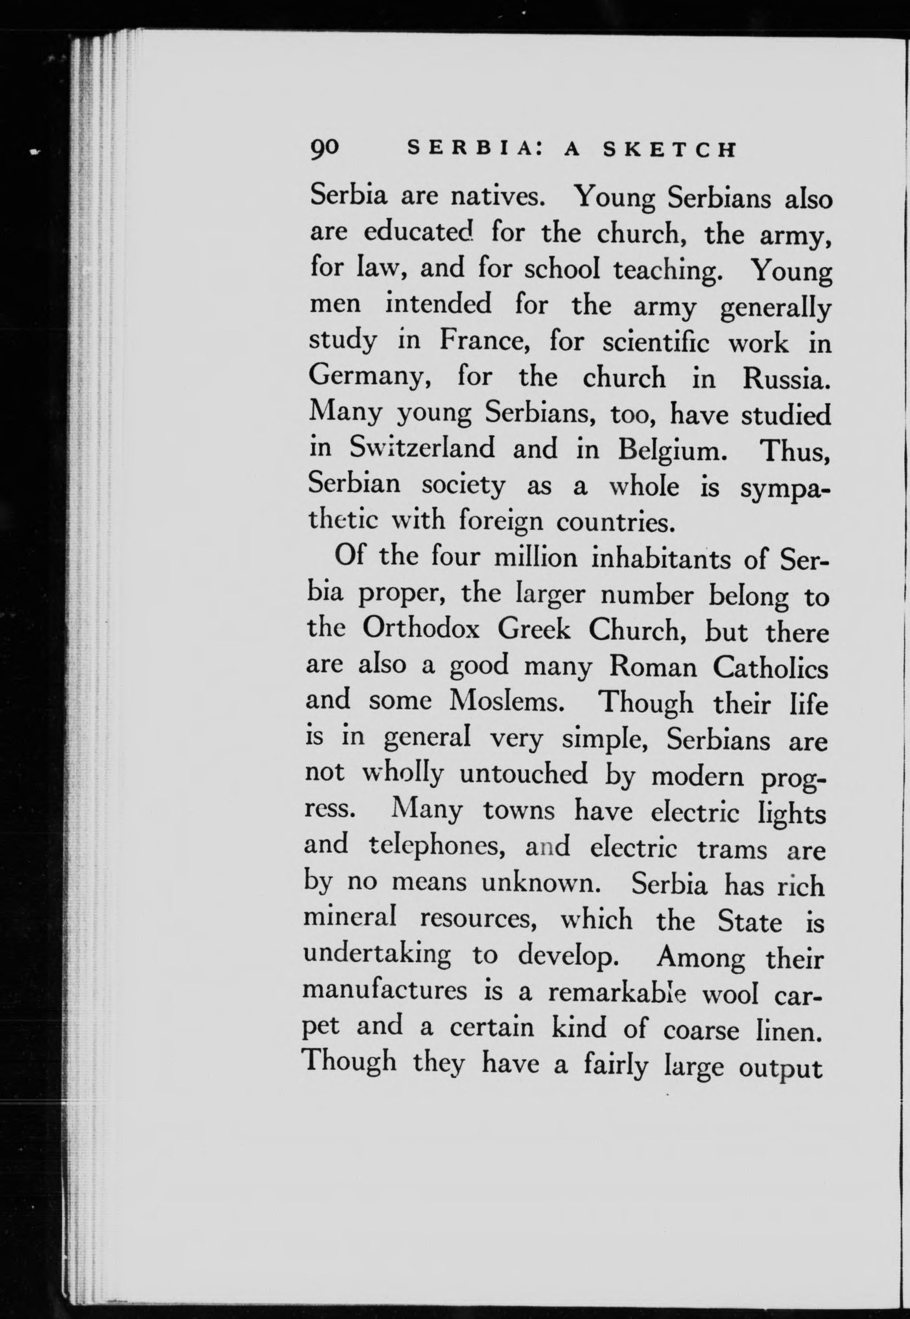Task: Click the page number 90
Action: point(325,150)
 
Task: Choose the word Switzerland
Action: point(422,448)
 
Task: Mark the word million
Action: point(535,557)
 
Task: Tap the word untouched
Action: point(523,774)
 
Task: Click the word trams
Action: point(732,849)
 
